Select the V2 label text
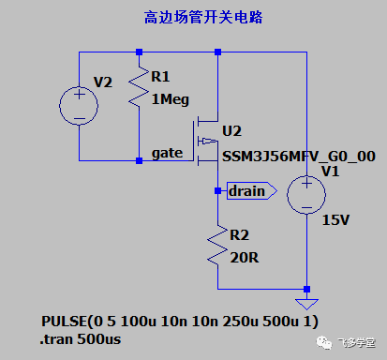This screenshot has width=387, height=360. [x=102, y=82]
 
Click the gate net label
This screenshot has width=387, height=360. [x=167, y=153]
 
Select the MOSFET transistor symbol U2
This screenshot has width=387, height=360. [x=207, y=142]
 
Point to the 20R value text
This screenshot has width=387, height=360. [x=244, y=256]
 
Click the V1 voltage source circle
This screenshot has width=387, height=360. [x=306, y=198]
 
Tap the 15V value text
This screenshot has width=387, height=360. [x=335, y=220]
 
